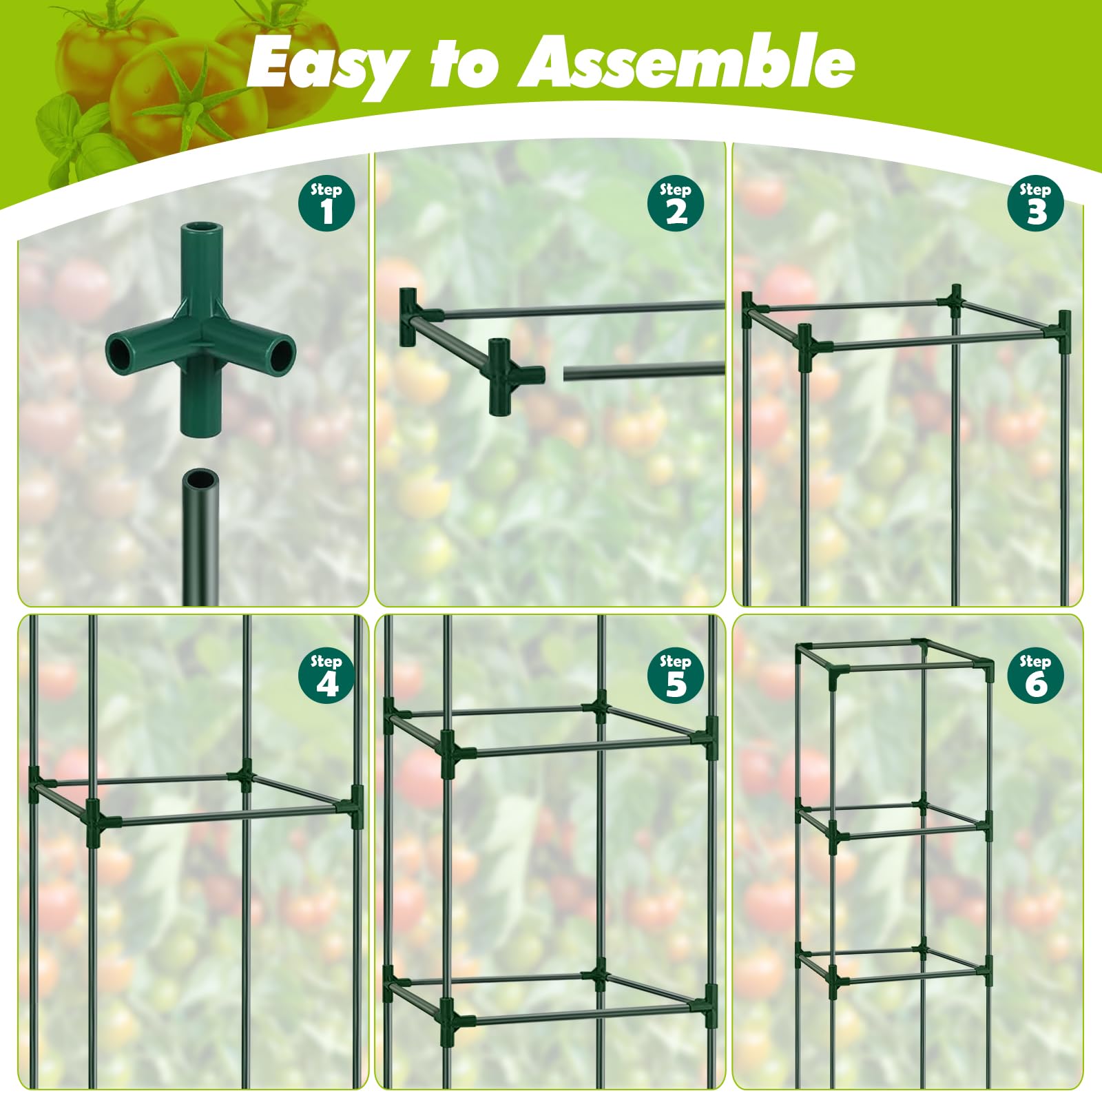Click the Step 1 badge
click(x=326, y=204)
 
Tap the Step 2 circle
click(x=676, y=204)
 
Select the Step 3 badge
click(x=1035, y=204)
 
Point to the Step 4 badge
click(x=326, y=676)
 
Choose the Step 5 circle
click(x=676, y=676)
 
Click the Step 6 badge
click(x=1035, y=676)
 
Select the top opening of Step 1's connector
click(x=201, y=227)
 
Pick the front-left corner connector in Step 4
click(x=94, y=822)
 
